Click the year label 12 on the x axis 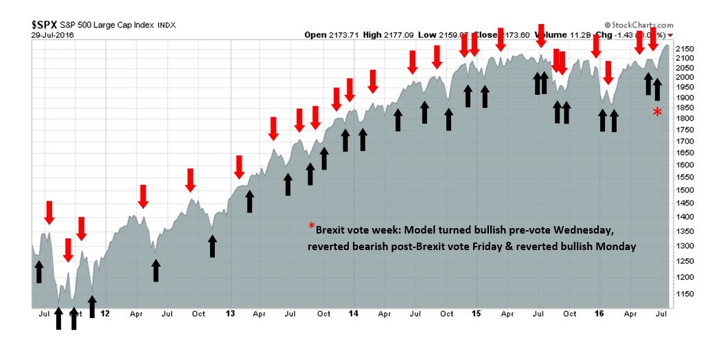(104, 314)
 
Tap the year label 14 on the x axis (353, 314)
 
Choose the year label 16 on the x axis (599, 314)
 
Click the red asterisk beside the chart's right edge (657, 112)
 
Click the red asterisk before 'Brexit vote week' (311, 227)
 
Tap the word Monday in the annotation (615, 247)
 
